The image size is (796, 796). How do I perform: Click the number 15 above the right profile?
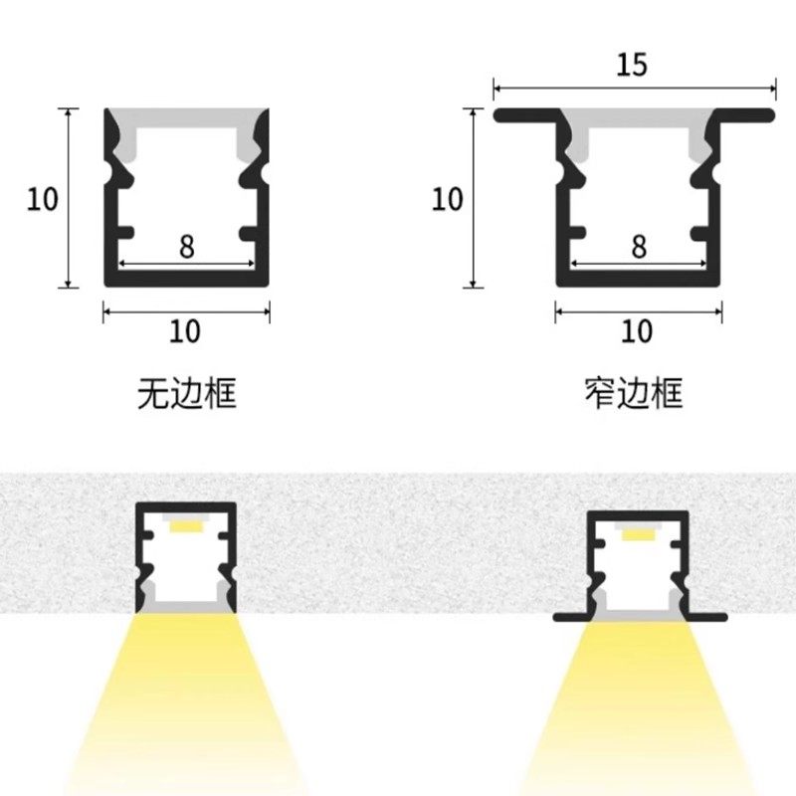(x=632, y=65)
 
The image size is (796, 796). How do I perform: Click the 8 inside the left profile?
(x=187, y=247)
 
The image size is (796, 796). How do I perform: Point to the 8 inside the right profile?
(x=639, y=245)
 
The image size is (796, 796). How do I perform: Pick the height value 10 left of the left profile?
(x=43, y=199)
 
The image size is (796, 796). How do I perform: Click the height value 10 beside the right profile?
(x=448, y=199)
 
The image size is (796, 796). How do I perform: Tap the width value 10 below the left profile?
(x=185, y=330)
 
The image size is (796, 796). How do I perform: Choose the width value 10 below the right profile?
(x=637, y=330)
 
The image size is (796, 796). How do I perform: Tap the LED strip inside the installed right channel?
(x=638, y=534)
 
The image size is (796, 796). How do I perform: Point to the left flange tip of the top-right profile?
(x=500, y=115)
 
